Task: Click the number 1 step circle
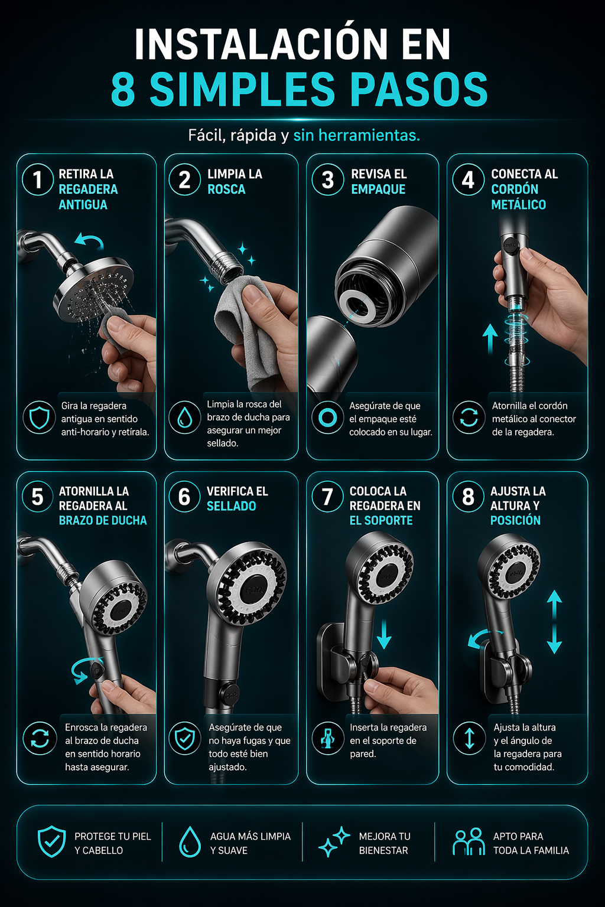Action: point(38,180)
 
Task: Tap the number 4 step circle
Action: point(468,180)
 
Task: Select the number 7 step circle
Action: point(327,497)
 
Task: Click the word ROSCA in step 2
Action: point(226,189)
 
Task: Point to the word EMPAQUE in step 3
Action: point(378,189)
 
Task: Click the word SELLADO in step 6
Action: point(232,505)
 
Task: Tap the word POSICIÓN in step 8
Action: point(515,520)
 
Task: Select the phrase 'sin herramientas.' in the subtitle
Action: point(357,135)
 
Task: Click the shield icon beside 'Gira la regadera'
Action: point(40,418)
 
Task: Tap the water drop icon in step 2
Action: point(184,418)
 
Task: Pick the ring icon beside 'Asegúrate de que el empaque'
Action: point(327,418)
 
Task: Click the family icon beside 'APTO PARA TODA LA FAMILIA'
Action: point(469,841)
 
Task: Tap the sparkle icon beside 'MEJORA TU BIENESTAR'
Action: point(334,841)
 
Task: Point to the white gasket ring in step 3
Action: point(357,304)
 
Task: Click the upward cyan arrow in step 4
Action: point(490,338)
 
